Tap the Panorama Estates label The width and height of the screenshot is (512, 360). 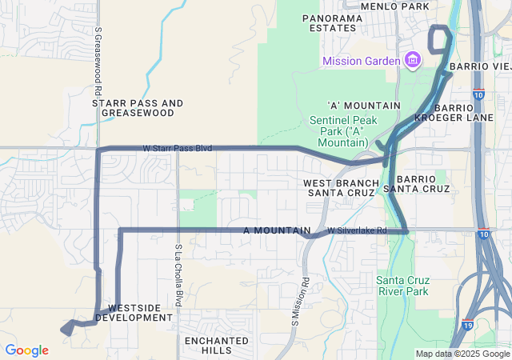pos(329,22)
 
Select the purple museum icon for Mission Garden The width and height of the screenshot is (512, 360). pos(413,61)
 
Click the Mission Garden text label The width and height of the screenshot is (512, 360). pos(362,62)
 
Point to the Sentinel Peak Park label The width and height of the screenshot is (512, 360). pos(348,130)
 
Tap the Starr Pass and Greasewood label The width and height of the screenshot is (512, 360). pos(138,108)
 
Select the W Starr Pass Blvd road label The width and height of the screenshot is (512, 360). pos(177,148)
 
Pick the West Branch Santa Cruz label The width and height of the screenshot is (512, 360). pos(339,188)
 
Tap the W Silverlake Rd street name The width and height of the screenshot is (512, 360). pos(357,230)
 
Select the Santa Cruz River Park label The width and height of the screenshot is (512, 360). pos(402,286)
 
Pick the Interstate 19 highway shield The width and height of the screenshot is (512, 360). pos(467,325)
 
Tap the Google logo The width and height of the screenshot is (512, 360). pos(26,350)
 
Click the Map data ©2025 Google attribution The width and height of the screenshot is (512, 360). pos(462,354)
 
